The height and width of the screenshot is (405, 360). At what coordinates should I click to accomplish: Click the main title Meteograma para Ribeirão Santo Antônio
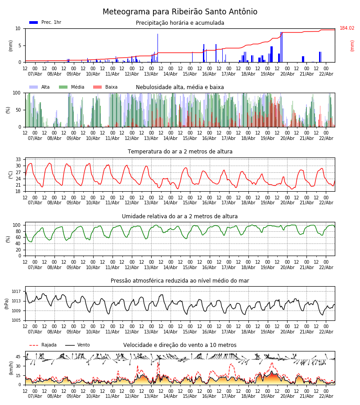[180, 12]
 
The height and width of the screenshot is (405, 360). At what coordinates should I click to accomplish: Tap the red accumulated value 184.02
[347, 28]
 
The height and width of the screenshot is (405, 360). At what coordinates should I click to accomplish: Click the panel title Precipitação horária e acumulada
[180, 23]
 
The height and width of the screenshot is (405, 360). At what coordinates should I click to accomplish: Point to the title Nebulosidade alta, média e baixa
[180, 87]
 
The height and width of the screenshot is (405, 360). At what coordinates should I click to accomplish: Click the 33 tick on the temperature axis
[18, 159]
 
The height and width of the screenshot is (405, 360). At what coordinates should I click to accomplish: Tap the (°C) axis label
[11, 174]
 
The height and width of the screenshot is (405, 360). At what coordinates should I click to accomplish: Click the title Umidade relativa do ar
[180, 216]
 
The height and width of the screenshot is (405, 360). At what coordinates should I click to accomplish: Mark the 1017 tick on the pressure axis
[17, 292]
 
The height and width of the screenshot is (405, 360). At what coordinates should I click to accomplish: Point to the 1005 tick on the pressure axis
[17, 320]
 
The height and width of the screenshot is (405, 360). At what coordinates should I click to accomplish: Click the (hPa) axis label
[7, 303]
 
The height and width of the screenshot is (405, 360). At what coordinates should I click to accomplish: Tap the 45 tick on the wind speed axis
[18, 357]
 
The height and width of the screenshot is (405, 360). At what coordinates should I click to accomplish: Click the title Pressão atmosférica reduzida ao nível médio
[180, 281]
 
